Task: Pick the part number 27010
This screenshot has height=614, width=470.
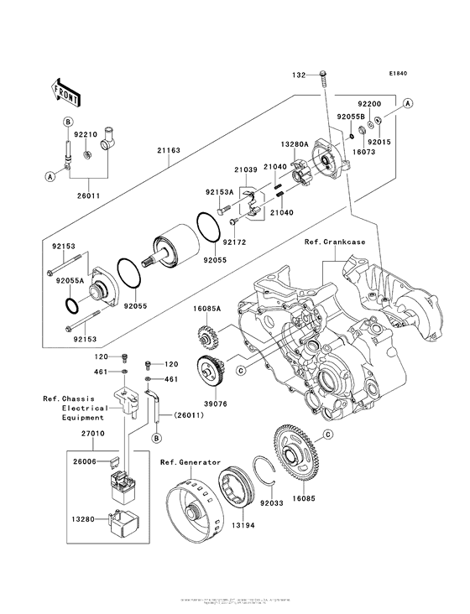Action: pyautogui.click(x=82, y=436)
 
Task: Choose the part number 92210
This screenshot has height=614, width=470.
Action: pyautogui.click(x=86, y=133)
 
